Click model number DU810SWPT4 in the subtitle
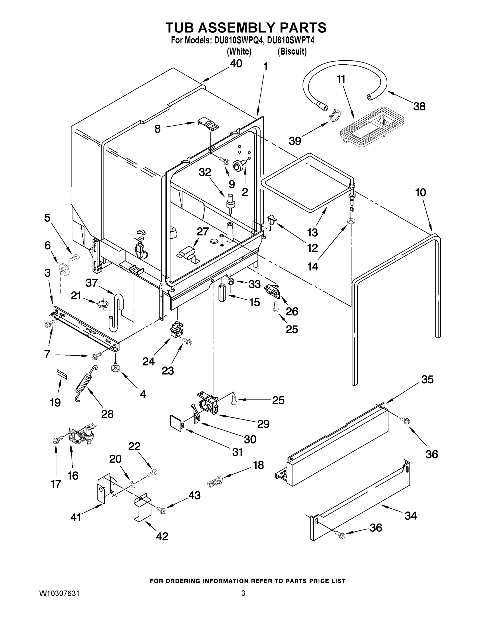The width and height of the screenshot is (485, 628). pos(290,41)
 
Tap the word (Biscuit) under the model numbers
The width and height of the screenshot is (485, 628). pos(292,52)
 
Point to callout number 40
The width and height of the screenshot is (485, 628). pos(236,64)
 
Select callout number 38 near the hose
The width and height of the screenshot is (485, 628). pos(419,107)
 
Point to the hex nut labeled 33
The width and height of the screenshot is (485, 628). pos(230,281)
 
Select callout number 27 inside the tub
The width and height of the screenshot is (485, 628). pos(203,232)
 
